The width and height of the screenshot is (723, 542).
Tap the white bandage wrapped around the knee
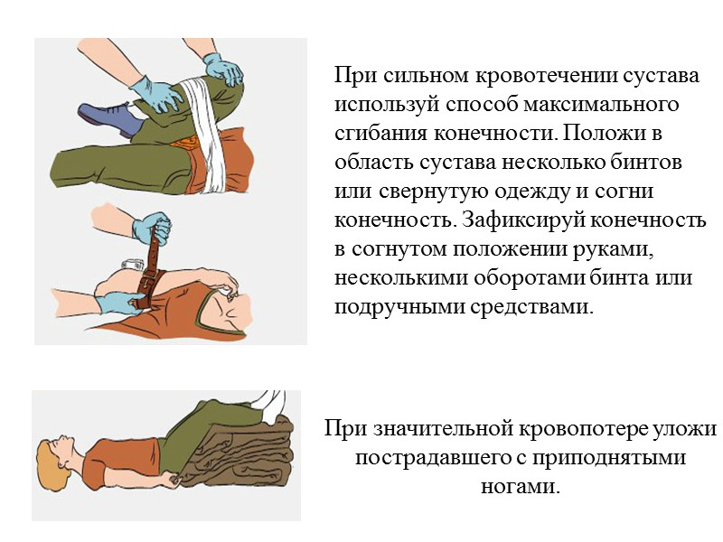pos(204,134)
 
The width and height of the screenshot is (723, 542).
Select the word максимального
pos(601,104)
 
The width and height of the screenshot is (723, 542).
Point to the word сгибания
pos(381,133)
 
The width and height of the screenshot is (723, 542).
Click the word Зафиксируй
pos(523,220)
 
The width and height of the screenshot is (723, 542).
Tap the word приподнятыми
pos(609,458)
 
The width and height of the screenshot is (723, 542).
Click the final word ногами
pos(521,487)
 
